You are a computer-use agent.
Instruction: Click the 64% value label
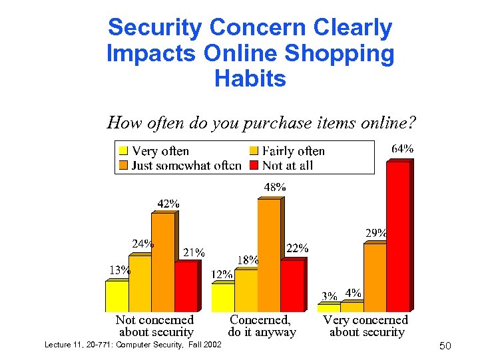tap(401, 149)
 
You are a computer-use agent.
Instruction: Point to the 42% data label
tap(168, 203)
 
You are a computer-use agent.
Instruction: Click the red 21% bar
tap(186, 287)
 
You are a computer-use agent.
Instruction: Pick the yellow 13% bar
tap(117, 297)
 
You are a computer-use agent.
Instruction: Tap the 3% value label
tap(329, 295)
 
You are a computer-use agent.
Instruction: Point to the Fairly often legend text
tap(294, 151)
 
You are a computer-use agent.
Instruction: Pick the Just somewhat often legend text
tap(186, 165)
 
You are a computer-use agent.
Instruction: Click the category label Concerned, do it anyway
tap(262, 326)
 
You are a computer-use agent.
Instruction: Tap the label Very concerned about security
tap(366, 326)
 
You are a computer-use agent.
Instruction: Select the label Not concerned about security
tap(155, 326)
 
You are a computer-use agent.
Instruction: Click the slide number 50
tap(445, 346)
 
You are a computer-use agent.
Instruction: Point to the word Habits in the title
tap(250, 79)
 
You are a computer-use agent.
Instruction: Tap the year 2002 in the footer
tap(211, 344)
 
